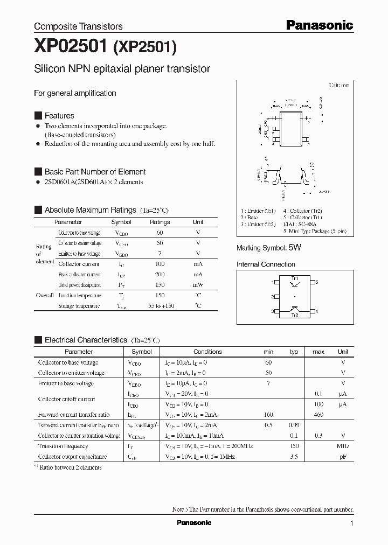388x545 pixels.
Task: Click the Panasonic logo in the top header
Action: click(318, 25)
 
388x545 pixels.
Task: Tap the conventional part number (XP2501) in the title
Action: click(144, 48)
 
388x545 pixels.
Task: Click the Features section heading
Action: click(59, 116)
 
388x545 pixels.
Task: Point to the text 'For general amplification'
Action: click(75, 93)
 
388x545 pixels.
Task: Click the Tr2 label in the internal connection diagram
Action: click(295, 315)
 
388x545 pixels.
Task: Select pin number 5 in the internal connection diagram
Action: click(317, 282)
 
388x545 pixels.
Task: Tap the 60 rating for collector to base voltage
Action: click(160, 233)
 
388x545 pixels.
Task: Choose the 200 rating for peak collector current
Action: click(160, 275)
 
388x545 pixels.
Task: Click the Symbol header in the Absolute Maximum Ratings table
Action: click(121, 222)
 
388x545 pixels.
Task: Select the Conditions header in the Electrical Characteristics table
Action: click(207, 352)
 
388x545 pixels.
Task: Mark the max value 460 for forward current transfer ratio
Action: click(318, 415)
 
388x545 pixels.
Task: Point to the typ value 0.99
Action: click(294, 425)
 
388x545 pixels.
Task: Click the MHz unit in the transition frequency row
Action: click(343, 446)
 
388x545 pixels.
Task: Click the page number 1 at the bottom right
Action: click(352, 523)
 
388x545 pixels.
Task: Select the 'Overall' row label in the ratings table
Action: click(45, 295)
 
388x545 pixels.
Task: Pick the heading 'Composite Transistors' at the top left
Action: click(78, 26)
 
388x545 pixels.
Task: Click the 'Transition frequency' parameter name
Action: click(63, 446)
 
